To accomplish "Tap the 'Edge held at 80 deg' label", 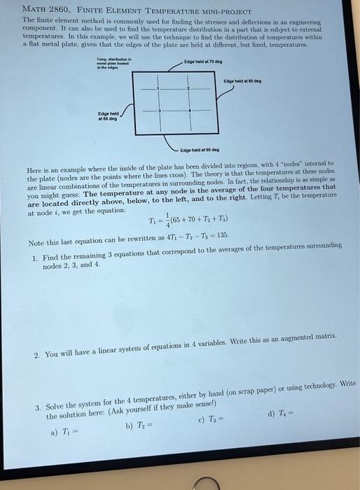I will (x=242, y=79).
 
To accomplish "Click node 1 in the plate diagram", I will (x=159, y=90).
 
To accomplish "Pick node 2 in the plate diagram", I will (x=188, y=90).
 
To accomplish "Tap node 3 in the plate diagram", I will (x=159, y=112).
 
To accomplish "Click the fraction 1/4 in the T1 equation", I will (x=165, y=221).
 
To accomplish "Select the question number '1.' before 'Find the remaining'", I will (x=34, y=258).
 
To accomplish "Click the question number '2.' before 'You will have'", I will (x=36, y=353).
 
